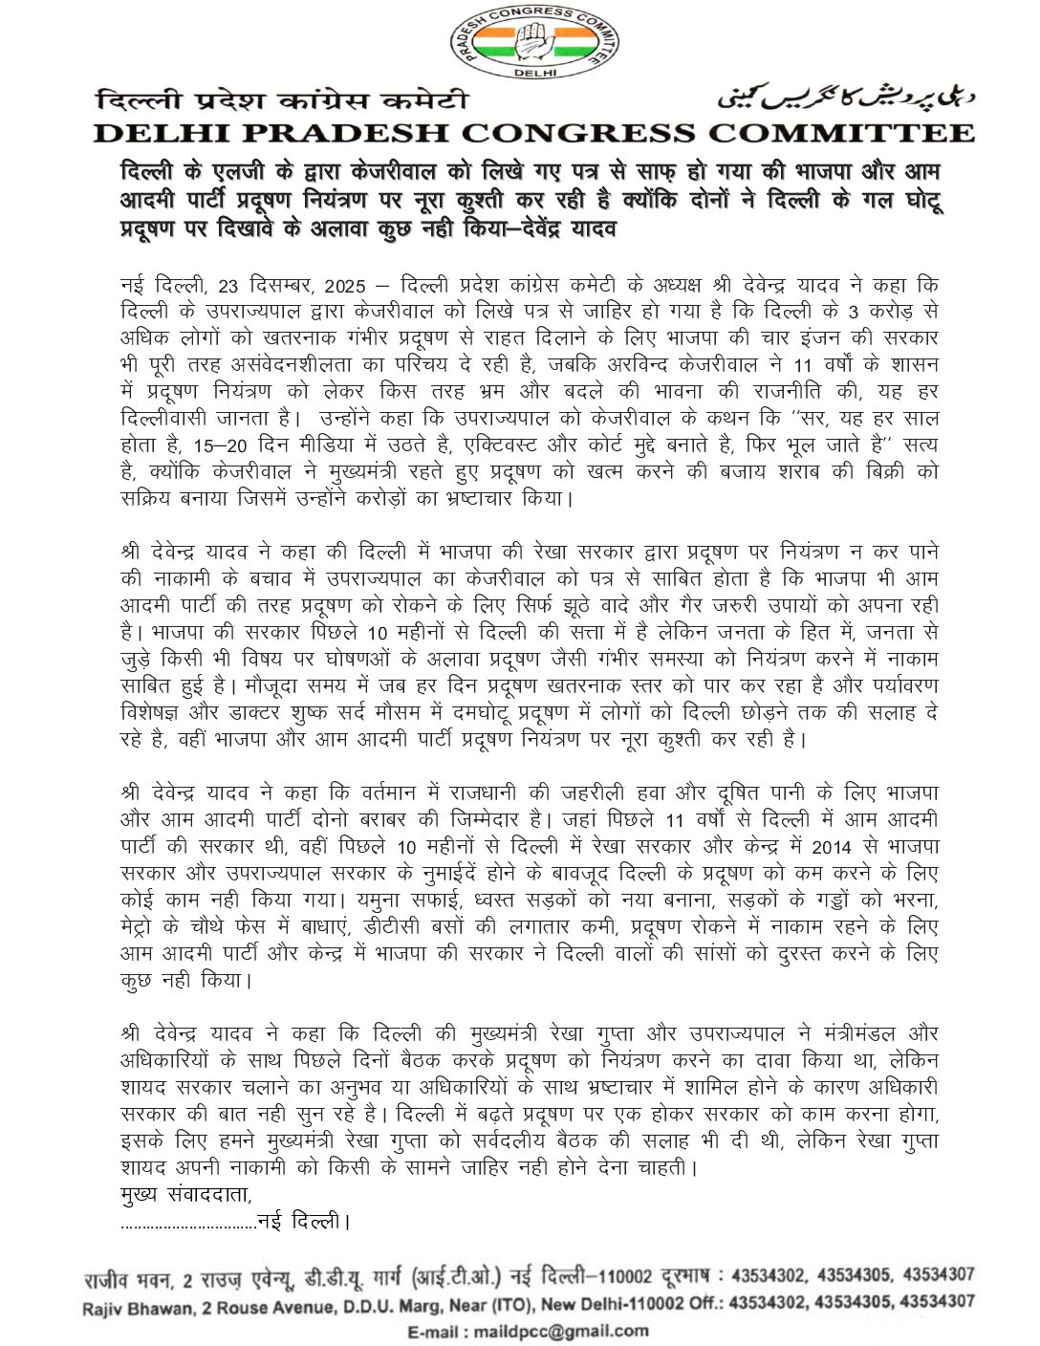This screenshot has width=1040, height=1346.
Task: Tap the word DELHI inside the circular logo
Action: [x=532, y=72]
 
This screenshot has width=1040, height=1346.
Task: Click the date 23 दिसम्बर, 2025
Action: [x=287, y=287]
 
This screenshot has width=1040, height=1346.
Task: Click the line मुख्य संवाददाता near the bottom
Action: [x=187, y=1195]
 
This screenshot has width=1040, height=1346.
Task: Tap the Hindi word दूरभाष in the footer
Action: [x=689, y=1276]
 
